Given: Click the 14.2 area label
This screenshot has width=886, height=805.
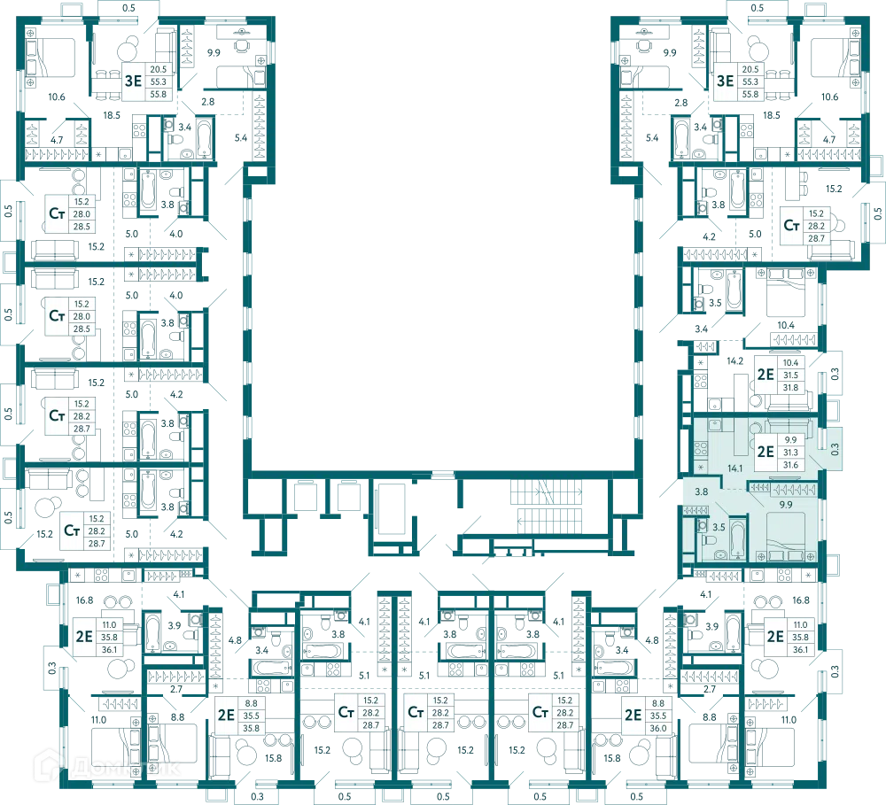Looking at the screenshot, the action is pos(735,361).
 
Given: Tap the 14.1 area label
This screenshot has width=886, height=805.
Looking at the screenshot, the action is pos(735,468).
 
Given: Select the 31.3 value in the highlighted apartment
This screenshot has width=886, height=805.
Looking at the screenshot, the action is pos(790,453).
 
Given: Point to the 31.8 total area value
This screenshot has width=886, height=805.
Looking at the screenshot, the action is pos(790,388).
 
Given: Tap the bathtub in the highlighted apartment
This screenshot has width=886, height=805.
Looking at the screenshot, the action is pos(737,539).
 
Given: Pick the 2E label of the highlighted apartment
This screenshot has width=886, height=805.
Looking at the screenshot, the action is pos(766,452).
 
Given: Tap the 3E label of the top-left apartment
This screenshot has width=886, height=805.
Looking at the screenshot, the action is pos(134,81).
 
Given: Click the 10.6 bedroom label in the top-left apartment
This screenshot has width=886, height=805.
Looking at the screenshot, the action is pos(57,97).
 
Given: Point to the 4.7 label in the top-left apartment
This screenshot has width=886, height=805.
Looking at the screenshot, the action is pos(57,140).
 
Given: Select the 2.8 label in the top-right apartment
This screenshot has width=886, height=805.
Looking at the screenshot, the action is pos(680,102).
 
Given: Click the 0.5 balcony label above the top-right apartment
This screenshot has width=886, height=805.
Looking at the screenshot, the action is pos(758,8).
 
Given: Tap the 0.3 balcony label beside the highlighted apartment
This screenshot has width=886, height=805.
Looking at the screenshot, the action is pos(835,449).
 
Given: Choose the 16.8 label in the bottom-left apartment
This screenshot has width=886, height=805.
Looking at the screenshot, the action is pos(85,600).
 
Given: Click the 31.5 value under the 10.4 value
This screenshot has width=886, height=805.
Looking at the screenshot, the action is pos(790,375).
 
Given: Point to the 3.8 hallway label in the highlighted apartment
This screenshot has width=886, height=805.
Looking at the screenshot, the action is pos(701,492).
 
